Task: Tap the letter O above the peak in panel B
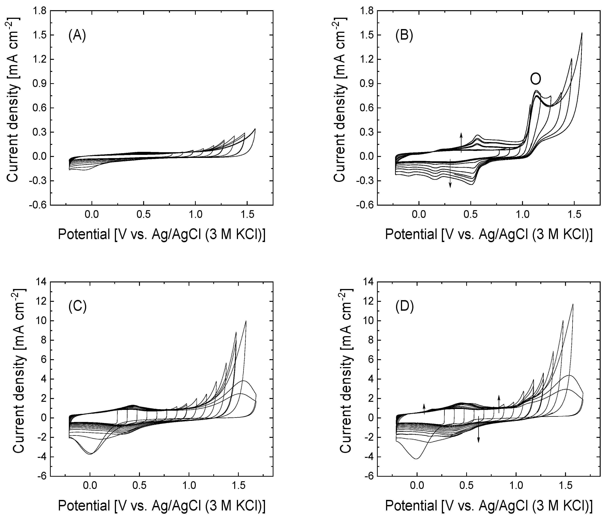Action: (x=536, y=79)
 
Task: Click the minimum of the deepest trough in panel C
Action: (x=90, y=454)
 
